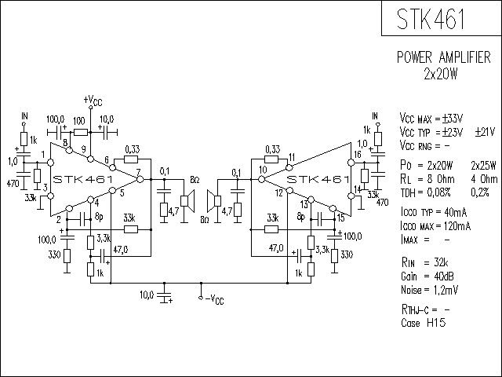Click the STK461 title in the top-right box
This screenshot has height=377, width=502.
tap(431, 19)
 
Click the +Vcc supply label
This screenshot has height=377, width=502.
tap(93, 101)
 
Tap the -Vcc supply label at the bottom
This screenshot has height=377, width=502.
tap(214, 299)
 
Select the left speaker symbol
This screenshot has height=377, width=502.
tap(188, 201)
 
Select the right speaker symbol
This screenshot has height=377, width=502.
tap(214, 201)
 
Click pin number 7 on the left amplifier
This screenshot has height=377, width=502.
tap(138, 171)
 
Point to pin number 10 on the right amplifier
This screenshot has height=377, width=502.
tap(263, 170)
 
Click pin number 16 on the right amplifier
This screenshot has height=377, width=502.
tap(358, 155)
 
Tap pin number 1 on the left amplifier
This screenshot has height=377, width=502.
tap(43, 155)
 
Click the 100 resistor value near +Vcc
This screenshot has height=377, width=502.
tap(79, 121)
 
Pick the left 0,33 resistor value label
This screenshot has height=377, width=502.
tap(133, 149)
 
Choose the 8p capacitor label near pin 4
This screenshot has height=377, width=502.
tap(99, 217)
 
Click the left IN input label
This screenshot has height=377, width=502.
tap(24, 115)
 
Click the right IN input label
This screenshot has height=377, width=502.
tap(375, 115)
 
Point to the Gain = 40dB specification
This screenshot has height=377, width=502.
tap(427, 276)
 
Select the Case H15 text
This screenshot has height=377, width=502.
tap(423, 322)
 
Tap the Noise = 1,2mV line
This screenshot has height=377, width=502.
tap(429, 290)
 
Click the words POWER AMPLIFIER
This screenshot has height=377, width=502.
tap(444, 57)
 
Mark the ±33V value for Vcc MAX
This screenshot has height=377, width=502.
tap(453, 119)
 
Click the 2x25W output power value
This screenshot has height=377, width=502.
tap(483, 166)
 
